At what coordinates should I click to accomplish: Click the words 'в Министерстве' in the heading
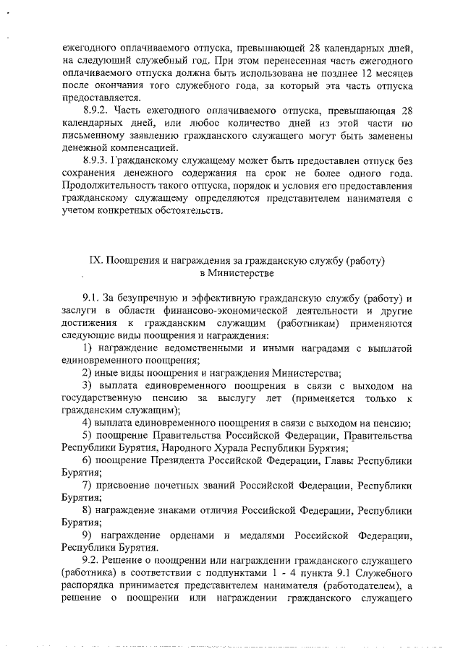pyautogui.click(x=236, y=273)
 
